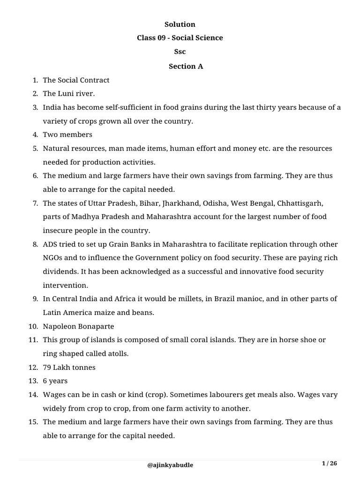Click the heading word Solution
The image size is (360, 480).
180,24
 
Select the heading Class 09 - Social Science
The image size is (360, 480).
180,38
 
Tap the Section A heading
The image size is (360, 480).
186,66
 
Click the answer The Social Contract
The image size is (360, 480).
76,80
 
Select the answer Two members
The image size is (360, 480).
67,135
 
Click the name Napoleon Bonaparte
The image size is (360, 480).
78,326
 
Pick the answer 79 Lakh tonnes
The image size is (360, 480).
70,367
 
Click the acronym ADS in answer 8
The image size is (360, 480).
51,244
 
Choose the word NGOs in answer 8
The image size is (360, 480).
52,258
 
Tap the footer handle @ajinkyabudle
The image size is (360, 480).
170,465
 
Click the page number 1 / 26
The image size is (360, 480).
329,464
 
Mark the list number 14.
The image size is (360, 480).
33,395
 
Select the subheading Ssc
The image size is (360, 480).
180,52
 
